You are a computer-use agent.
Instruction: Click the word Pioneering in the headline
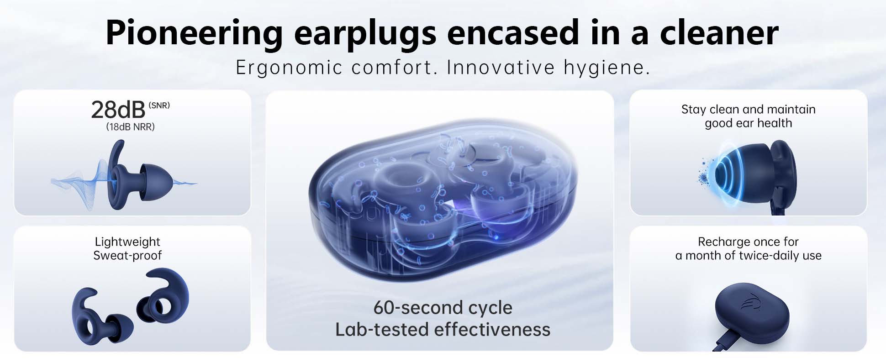pos(195,33)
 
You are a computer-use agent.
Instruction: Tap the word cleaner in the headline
pos(719,33)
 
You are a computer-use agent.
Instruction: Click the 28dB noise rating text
pos(118,110)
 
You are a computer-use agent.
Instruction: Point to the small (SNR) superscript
pos(159,105)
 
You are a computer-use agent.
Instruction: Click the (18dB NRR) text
pos(130,127)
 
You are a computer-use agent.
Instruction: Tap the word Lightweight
pos(127,242)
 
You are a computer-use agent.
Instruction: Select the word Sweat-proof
pos(127,255)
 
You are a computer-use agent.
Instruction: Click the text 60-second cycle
pos(443,308)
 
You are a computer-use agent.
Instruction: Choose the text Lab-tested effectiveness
pos(443,329)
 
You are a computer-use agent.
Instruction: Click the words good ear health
pos(748,123)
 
